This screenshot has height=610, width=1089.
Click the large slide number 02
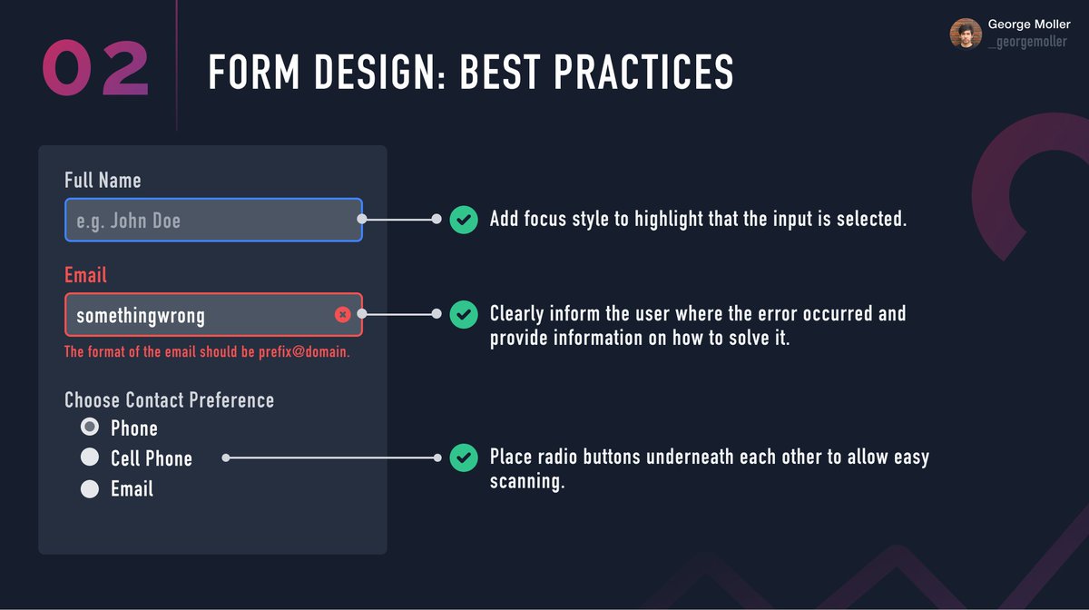tap(95, 68)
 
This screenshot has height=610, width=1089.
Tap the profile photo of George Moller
tap(966, 34)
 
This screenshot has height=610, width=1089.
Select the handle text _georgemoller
tap(1027, 43)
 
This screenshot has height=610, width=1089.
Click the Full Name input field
tap(213, 220)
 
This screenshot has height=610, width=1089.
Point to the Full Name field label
tap(103, 180)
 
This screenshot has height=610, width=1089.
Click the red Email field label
tap(85, 275)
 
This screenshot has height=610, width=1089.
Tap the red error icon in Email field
tap(342, 314)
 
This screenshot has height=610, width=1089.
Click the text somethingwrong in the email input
tap(141, 316)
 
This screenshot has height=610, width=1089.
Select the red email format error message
tap(207, 351)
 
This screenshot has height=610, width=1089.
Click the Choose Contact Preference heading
tap(169, 400)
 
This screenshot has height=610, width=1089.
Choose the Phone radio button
tap(90, 427)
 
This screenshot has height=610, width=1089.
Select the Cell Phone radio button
tap(90, 457)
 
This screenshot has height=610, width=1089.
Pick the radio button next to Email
tap(90, 488)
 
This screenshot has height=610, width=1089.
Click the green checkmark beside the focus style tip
tap(464, 220)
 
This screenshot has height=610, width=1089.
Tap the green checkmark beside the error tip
tap(464, 314)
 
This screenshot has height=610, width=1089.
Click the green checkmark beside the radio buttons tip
tap(464, 457)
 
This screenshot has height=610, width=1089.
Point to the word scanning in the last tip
tap(527, 481)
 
